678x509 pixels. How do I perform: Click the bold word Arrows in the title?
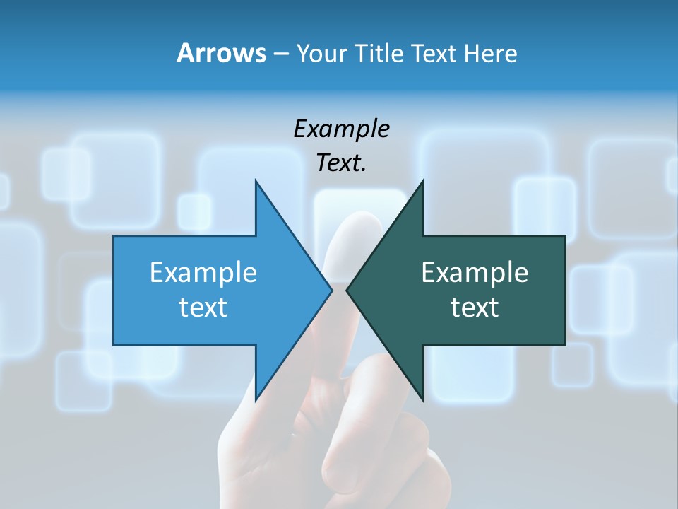coord(220,53)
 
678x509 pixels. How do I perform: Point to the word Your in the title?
coord(320,53)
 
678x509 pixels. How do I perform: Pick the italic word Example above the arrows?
coord(341,129)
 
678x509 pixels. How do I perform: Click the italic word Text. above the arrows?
coord(341,163)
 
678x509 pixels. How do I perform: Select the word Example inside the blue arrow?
coord(203,272)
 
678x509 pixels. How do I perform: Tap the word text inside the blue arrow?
coord(203,307)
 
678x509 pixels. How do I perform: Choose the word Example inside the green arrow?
coord(475,272)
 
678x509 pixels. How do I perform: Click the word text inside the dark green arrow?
coord(475,307)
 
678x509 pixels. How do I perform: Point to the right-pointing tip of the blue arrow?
coord(332,290)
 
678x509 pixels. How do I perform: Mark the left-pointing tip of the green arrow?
coord(347,290)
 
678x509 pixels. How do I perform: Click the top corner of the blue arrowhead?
coord(256,180)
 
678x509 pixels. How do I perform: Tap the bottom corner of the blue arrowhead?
coord(256,400)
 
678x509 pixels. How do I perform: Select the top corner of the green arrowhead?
coord(422,180)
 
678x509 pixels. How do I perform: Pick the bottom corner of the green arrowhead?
coord(422,400)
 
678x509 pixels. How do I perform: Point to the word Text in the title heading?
coord(434,53)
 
